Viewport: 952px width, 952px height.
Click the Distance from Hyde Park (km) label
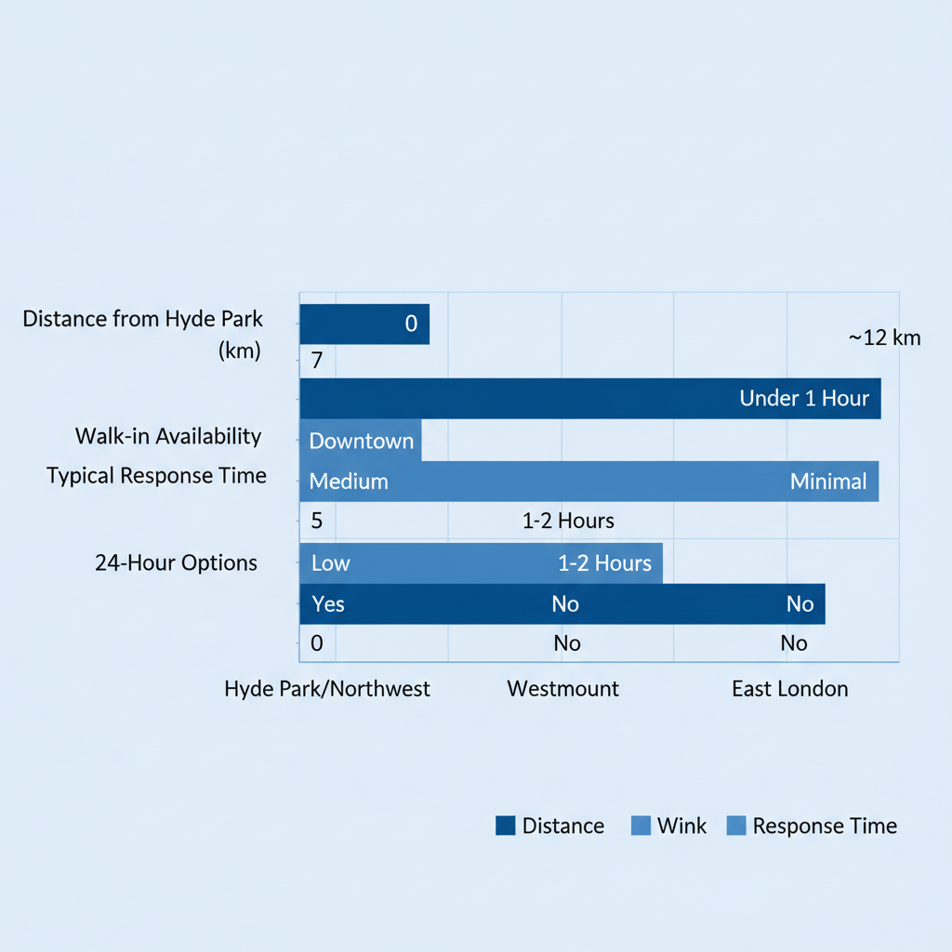(x=143, y=335)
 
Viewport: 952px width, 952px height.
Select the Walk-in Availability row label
(x=168, y=436)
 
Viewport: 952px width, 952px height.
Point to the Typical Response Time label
(x=156, y=476)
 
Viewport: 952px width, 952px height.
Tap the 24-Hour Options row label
(x=176, y=562)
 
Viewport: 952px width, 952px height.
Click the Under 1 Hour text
(x=804, y=399)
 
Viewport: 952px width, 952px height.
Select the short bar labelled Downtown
(x=361, y=441)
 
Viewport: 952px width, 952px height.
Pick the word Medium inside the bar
(x=349, y=482)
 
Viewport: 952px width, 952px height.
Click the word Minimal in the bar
(x=828, y=482)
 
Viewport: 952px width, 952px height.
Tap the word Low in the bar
(x=331, y=563)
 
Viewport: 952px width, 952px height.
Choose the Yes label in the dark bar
(x=328, y=604)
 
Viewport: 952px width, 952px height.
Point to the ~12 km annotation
(x=884, y=337)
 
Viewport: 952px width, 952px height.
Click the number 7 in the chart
(x=317, y=361)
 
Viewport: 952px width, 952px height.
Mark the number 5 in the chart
(x=317, y=521)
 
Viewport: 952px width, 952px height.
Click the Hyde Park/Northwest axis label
(x=327, y=689)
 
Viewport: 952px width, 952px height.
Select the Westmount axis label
(x=563, y=689)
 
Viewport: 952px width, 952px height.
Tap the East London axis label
(x=790, y=689)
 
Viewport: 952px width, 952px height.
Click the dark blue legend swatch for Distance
(x=506, y=826)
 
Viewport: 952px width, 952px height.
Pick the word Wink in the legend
(x=681, y=826)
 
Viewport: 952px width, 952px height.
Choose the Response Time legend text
(x=825, y=826)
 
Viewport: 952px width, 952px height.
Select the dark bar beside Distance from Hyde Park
(x=364, y=324)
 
